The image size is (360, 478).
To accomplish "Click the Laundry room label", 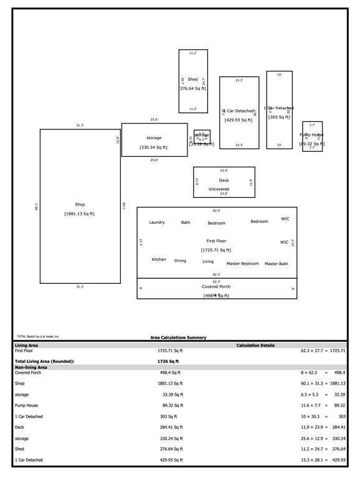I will click(x=157, y=222).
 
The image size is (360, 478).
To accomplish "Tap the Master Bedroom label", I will click(x=242, y=264).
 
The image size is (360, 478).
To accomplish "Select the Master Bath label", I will click(x=276, y=264).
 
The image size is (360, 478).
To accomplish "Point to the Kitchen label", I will click(x=159, y=260).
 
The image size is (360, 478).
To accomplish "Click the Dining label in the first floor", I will click(x=180, y=261).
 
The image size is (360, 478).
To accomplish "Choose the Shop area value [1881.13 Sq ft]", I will click(x=79, y=214).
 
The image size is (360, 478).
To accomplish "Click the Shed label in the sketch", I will click(x=193, y=80).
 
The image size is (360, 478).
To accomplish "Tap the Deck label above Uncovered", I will click(x=224, y=180).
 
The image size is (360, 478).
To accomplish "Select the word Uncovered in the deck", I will click(x=219, y=189).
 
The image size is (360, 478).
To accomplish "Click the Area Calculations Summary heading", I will click(x=178, y=338).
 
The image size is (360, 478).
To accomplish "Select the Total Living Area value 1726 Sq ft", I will click(x=168, y=361).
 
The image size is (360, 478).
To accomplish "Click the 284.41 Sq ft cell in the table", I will click(x=170, y=428).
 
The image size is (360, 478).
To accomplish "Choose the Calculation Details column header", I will click(x=255, y=345).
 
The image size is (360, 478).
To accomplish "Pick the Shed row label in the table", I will click(x=19, y=449).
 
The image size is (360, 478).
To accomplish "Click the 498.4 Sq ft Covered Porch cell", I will click(x=171, y=372).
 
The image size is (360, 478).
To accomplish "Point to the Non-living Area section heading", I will click(x=31, y=367).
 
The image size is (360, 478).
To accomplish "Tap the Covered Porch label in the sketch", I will click(x=216, y=287).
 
